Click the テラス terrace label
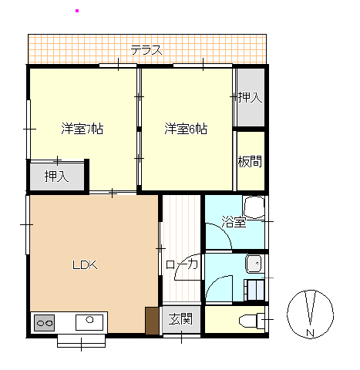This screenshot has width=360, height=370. click(x=146, y=49)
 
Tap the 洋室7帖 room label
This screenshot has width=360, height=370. click(x=82, y=129)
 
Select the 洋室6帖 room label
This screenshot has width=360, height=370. click(x=186, y=129)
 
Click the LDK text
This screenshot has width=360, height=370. click(x=85, y=265)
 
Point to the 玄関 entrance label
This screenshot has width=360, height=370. click(x=180, y=319)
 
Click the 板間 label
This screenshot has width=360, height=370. click(x=250, y=161)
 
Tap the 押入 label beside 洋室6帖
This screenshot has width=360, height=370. click(x=250, y=97)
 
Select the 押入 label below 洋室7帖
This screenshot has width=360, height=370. click(x=56, y=177)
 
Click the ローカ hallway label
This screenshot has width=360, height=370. click(x=182, y=264)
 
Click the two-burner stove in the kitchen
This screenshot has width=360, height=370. click(x=45, y=323)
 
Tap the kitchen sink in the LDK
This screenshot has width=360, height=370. click(x=89, y=322)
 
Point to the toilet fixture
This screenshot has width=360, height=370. click(x=252, y=321)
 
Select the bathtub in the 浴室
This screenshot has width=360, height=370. click(x=254, y=207)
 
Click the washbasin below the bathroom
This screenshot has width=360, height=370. click(x=254, y=264)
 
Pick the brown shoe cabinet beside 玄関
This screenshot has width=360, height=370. click(x=152, y=321)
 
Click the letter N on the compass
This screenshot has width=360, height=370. click(x=310, y=333)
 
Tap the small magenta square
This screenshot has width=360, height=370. click(x=77, y=11)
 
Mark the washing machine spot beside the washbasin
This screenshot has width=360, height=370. click(x=254, y=290)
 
